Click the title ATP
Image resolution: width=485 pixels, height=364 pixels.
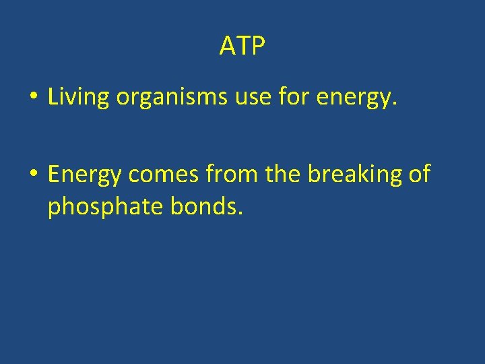pos(243,47)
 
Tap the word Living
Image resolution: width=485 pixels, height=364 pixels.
pos(78,98)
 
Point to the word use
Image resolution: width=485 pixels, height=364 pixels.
pos(251,98)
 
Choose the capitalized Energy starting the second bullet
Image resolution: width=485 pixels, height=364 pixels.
pos(85,175)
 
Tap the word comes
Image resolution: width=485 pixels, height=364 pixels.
pos(164,175)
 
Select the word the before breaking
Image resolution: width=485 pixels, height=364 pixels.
pos(283,174)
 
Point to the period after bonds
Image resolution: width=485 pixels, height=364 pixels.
pos(239,214)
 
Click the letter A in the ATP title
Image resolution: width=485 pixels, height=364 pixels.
pos(227,47)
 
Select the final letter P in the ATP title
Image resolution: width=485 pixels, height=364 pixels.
pos(258,47)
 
